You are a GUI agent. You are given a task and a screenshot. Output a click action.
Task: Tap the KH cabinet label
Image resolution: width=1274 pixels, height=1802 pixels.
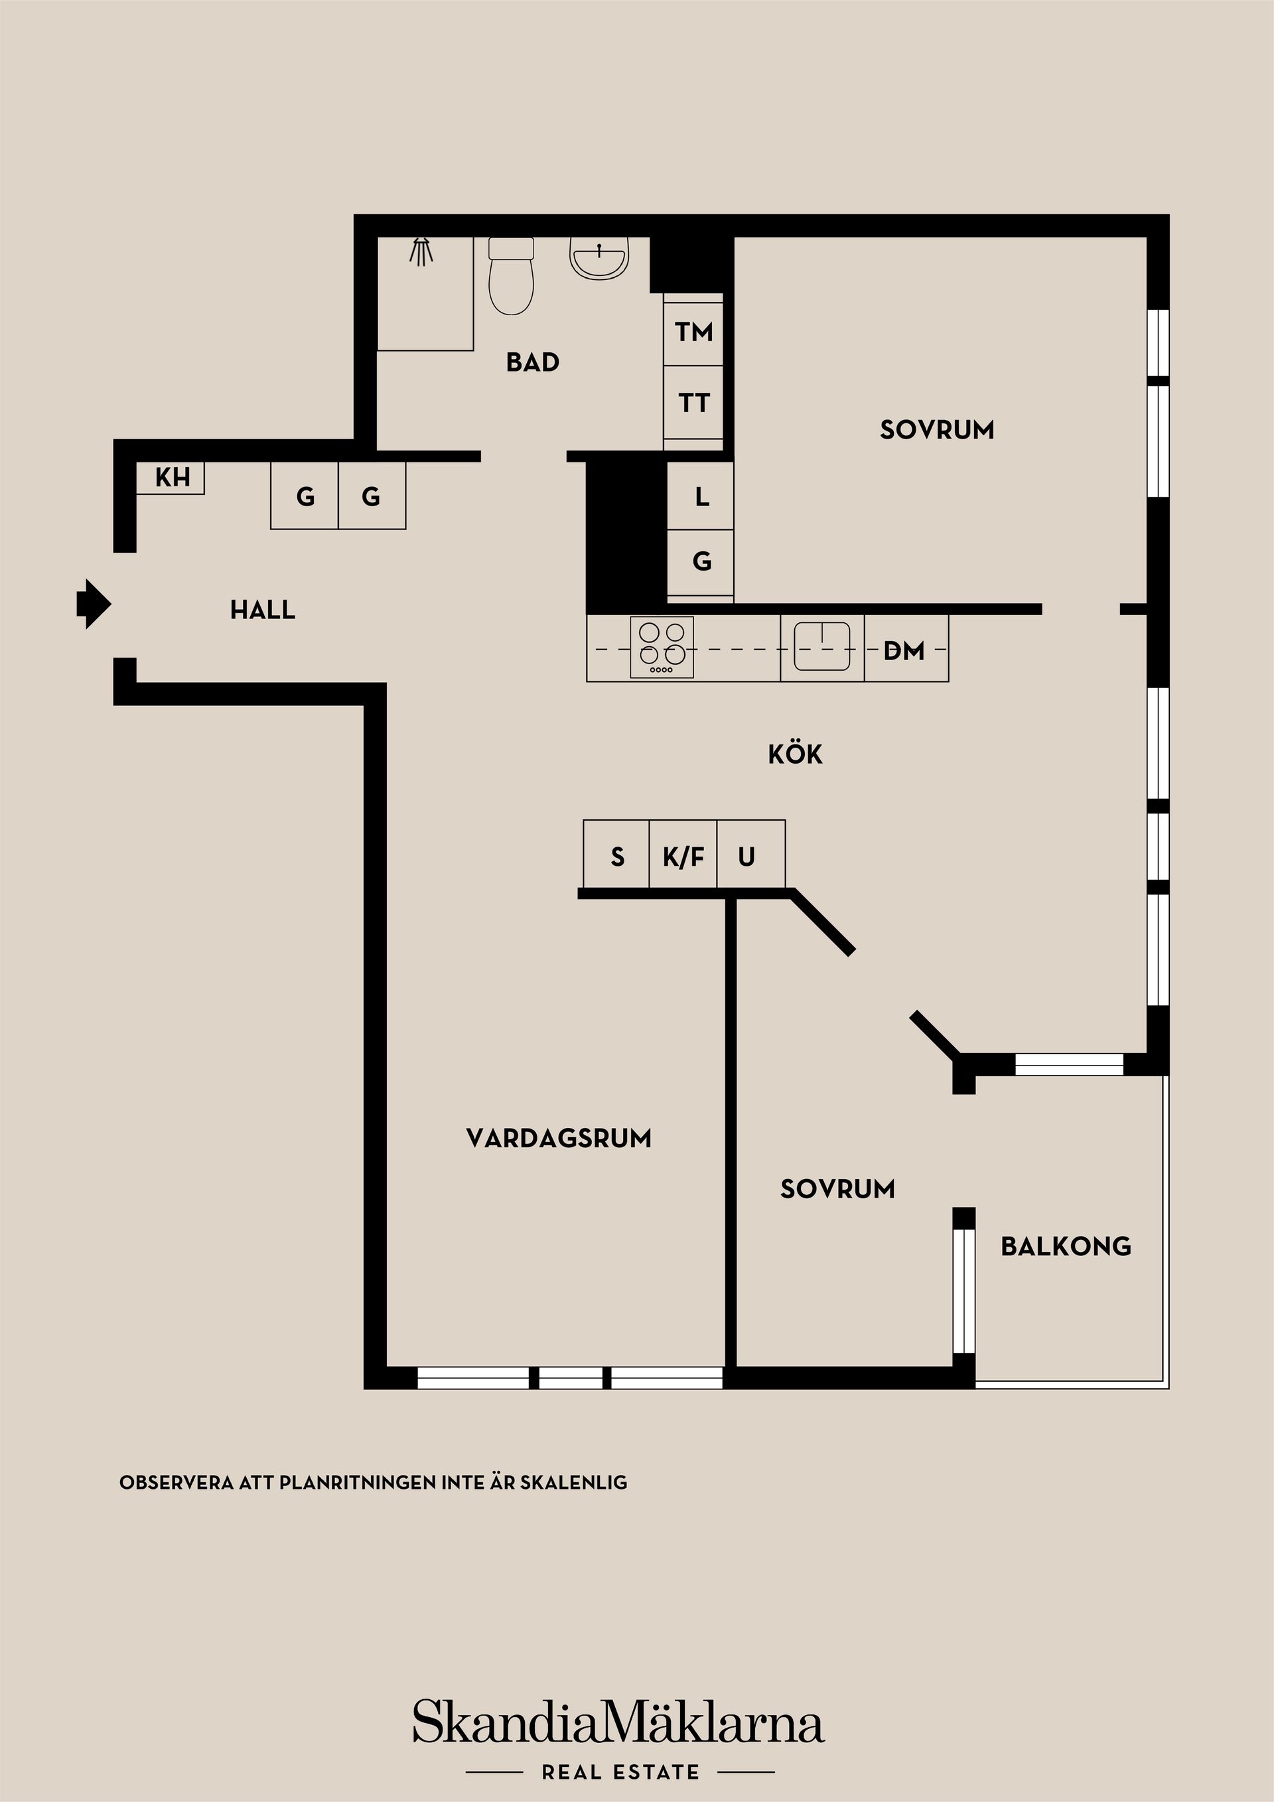pyautogui.click(x=172, y=477)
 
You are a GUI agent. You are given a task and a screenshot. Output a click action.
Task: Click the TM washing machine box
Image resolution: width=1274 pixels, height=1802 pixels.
pyautogui.click(x=693, y=331)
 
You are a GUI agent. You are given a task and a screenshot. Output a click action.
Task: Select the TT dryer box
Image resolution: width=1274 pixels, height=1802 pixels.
pyautogui.click(x=693, y=403)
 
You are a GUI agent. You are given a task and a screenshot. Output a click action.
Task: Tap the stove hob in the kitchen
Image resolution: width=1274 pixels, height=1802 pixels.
pyautogui.click(x=662, y=648)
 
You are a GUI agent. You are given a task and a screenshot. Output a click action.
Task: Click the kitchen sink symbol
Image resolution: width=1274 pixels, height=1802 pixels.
pyautogui.click(x=822, y=647)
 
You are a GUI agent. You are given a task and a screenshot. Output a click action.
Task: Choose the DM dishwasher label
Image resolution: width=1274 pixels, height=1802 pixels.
pyautogui.click(x=904, y=651)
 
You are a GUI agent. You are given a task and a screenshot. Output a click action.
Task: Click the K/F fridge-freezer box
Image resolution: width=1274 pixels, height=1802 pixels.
pyautogui.click(x=683, y=857)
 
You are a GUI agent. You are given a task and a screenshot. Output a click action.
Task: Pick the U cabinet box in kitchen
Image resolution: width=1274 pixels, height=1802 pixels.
pyautogui.click(x=747, y=857)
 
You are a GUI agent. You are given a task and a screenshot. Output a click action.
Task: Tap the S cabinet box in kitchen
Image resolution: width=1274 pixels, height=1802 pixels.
pyautogui.click(x=617, y=857)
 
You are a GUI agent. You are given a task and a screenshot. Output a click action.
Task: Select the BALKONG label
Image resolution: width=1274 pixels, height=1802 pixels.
pyautogui.click(x=1065, y=1245)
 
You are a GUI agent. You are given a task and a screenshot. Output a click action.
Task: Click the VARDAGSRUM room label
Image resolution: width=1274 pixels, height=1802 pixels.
pyautogui.click(x=558, y=1138)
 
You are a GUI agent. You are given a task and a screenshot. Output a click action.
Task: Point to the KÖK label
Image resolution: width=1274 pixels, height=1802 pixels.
pyautogui.click(x=794, y=754)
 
